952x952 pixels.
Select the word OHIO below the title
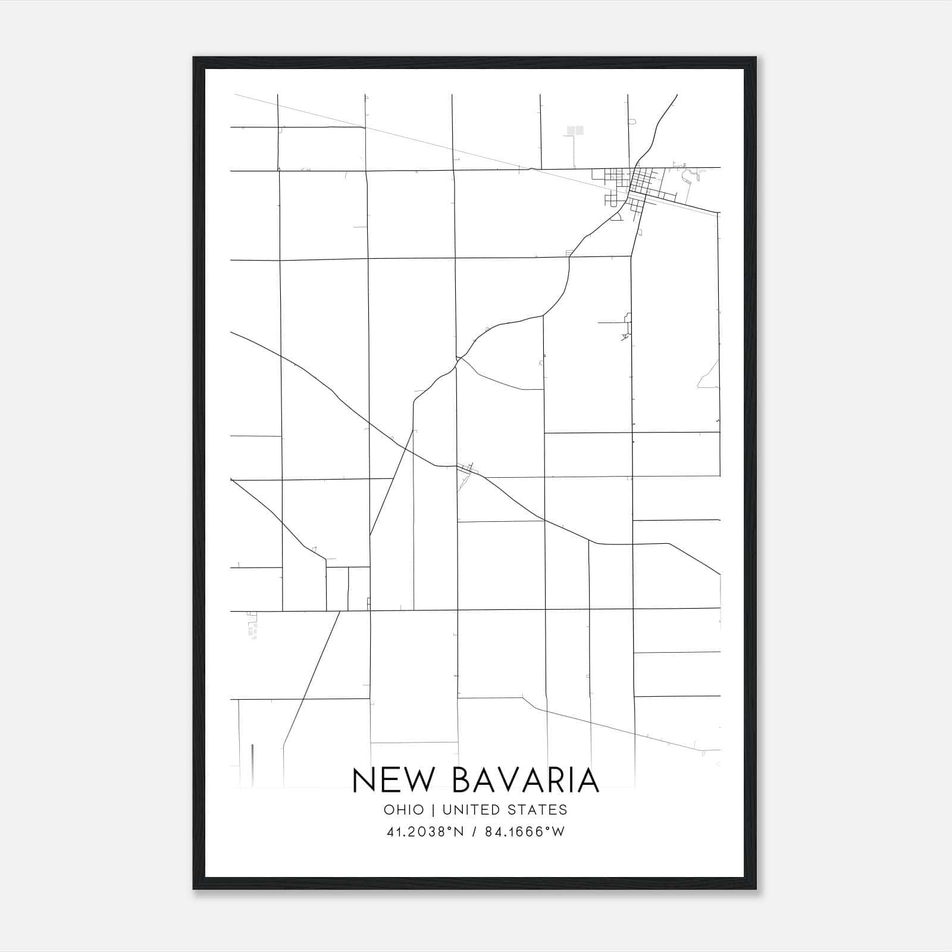[404, 810]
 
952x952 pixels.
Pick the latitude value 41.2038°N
[425, 832]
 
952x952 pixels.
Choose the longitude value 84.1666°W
[524, 832]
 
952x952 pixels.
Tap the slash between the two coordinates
[474, 832]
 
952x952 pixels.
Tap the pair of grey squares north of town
[575, 130]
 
